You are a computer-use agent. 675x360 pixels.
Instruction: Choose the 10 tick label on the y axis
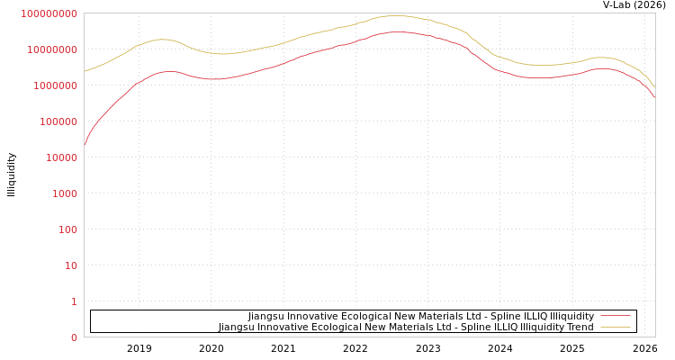pos(69,265)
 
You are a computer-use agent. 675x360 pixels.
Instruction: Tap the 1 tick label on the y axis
pos(74,301)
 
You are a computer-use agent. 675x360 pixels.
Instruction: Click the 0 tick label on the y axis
pos(74,337)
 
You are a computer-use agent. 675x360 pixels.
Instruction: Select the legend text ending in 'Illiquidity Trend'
pos(406,328)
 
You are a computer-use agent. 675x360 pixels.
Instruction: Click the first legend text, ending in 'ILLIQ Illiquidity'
pos(421,317)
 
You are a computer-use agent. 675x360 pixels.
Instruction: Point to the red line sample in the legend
pos(615,316)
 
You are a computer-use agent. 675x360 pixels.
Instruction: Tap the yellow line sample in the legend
pos(615,327)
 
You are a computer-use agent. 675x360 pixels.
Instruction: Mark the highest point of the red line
pos(394,31)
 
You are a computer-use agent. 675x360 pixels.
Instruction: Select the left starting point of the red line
pos(85,144)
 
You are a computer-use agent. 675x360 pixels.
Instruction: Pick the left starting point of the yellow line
pos(85,71)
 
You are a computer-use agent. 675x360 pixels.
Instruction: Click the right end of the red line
pos(654,97)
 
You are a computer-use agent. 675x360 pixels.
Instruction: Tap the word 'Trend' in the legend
pos(578,328)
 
